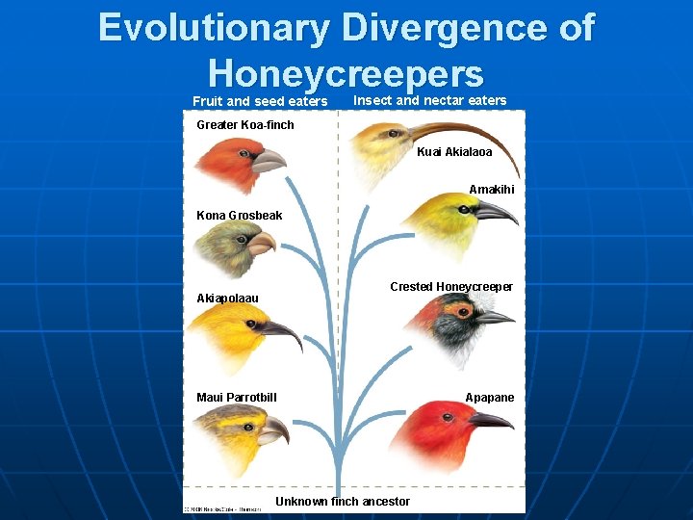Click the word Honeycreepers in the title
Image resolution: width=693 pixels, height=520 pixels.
(x=346, y=73)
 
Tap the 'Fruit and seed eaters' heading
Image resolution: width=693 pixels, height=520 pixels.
(x=260, y=101)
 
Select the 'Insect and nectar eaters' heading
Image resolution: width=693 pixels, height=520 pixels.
(x=430, y=100)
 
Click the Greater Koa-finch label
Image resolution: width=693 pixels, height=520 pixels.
(x=245, y=125)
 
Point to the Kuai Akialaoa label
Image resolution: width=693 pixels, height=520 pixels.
(x=454, y=152)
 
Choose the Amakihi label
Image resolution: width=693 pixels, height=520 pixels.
(x=491, y=190)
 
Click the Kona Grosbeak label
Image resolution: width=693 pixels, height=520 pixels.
(x=240, y=216)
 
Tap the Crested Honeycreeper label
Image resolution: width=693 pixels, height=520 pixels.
(x=451, y=287)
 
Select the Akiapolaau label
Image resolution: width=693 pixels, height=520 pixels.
(x=227, y=299)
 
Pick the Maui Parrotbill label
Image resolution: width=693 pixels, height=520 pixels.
(x=237, y=398)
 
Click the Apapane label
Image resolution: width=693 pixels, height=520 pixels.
(x=490, y=398)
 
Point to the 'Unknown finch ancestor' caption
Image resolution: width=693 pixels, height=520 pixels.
(x=343, y=502)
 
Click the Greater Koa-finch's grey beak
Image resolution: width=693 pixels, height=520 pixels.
(x=268, y=160)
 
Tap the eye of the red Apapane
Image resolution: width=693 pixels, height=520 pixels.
(x=449, y=419)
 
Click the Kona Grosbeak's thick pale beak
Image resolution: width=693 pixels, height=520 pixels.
(x=260, y=243)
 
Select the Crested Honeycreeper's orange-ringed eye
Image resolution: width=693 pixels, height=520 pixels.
(x=464, y=311)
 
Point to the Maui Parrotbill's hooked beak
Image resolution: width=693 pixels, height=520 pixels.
(x=274, y=429)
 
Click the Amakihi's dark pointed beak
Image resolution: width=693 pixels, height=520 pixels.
(x=496, y=212)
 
